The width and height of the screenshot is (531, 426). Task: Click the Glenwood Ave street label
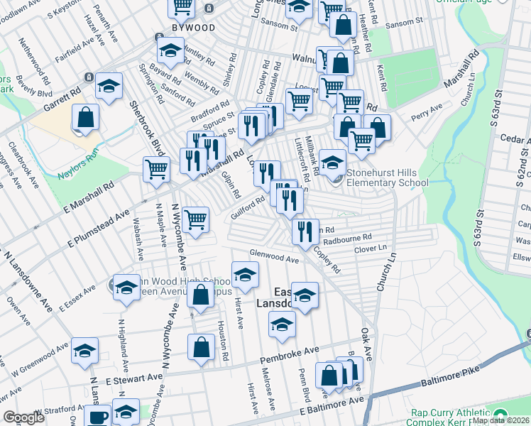(x=273, y=256)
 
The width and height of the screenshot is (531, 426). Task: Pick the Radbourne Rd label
(x=347, y=239)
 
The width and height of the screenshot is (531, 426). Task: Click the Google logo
(x=23, y=417)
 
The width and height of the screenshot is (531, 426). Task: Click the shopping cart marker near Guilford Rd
(x=195, y=219)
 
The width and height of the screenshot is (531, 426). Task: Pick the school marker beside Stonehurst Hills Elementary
(x=332, y=163)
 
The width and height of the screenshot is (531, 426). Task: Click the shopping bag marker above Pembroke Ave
(x=201, y=347)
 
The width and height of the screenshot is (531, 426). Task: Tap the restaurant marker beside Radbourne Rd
(x=305, y=231)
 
